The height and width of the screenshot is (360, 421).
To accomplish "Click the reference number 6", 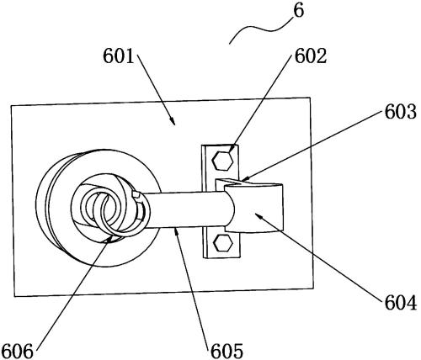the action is click(298, 12).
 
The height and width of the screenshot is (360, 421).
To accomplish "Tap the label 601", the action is click(119, 56).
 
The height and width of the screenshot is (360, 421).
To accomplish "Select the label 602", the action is click(311, 56).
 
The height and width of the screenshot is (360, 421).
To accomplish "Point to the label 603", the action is click(400, 113).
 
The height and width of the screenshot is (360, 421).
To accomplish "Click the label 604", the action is click(401, 303).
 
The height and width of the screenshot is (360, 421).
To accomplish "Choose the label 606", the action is click(18, 351).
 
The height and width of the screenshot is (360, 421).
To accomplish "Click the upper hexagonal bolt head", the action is click(222, 161).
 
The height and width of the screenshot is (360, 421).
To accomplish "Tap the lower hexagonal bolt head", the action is click(223, 243).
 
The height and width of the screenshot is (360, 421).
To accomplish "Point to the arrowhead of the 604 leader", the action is click(258, 216).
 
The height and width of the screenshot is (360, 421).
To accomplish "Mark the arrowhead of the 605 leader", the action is click(176, 231).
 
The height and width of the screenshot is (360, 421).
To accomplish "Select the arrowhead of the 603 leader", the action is click(243, 178).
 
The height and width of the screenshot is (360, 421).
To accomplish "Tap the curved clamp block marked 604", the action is click(254, 207).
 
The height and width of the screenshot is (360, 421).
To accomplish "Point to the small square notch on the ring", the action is click(136, 195).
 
